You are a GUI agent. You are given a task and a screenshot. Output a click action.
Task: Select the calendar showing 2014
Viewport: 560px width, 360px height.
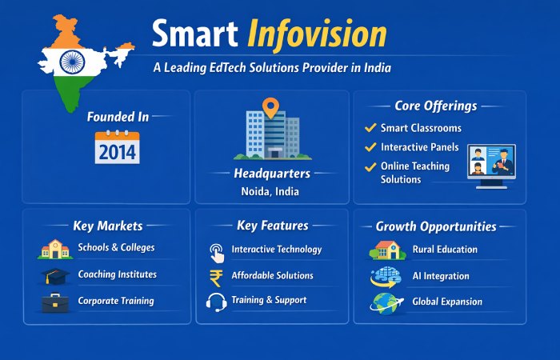click(x=117, y=148)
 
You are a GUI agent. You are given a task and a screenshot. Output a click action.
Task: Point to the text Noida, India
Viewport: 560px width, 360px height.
click(x=272, y=191)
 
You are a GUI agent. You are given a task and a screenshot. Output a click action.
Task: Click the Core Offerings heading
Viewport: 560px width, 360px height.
click(x=436, y=106)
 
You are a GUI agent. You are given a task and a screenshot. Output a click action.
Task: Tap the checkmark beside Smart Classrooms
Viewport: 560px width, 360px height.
click(x=370, y=128)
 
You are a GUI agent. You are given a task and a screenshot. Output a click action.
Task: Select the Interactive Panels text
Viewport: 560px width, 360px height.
click(x=420, y=147)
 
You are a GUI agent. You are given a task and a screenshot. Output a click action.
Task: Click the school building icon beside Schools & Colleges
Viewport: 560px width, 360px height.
click(x=54, y=250)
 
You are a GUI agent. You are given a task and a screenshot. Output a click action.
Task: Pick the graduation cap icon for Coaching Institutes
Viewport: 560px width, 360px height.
click(x=54, y=276)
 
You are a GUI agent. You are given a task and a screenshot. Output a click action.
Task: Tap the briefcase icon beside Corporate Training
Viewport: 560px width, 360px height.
click(x=54, y=302)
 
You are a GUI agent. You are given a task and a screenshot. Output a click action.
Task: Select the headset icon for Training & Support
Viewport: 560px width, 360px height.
click(x=216, y=302)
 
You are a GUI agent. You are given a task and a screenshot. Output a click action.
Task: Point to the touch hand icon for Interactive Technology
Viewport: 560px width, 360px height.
click(x=216, y=251)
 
